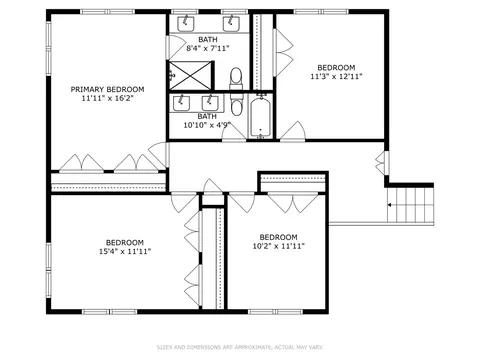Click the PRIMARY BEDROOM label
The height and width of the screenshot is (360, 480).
pos(107,89)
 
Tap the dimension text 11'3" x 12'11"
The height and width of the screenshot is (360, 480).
pos(336,76)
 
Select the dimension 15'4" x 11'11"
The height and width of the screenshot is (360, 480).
pos(125,251)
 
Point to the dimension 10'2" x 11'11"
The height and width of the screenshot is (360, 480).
pos(279,246)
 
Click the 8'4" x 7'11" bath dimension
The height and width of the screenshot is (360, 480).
pos(208,48)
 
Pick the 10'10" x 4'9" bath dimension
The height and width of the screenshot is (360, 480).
pos(207,125)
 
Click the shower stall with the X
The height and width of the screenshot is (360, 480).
pos(190,75)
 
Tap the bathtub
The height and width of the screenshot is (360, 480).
pos(261,117)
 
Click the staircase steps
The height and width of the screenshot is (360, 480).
pos(410,205)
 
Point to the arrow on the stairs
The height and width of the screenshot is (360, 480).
pos(389,205)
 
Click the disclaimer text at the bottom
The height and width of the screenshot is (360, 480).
pos(240,347)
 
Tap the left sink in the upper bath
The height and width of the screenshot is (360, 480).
pos(185,23)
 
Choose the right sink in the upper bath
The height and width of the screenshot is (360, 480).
pos(231,23)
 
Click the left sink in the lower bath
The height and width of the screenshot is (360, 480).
pos(181,103)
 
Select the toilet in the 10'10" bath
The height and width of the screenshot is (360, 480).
pos(236,105)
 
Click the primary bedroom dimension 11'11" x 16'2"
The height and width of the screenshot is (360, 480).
pos(107,98)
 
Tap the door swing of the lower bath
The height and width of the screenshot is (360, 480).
pos(234,133)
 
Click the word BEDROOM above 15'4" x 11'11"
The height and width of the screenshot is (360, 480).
pos(125,242)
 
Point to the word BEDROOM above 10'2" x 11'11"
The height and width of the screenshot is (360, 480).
pos(279,237)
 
